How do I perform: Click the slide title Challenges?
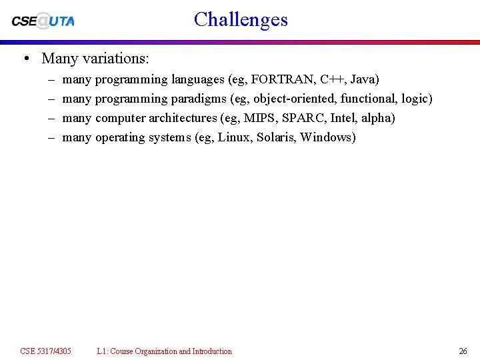point(241,19)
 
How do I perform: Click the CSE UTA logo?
point(43,21)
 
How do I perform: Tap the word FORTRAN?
point(283,79)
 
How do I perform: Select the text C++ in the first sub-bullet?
point(331,79)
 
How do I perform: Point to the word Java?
point(363,79)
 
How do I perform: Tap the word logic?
point(415,99)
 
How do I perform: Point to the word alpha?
point(377,118)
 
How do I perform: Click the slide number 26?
point(463,351)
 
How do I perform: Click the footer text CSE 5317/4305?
point(45,351)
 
